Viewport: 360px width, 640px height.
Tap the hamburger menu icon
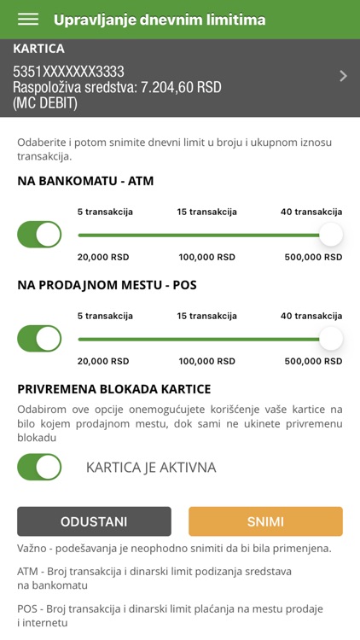click(x=28, y=20)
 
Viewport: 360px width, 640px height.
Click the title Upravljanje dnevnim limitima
click(x=160, y=20)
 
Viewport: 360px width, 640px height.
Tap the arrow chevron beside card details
click(x=343, y=76)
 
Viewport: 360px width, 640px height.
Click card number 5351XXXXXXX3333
click(x=68, y=72)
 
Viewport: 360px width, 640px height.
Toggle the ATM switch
click(x=39, y=235)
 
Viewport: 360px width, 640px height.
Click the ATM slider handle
click(x=330, y=235)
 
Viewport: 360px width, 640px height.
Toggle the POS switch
click(x=39, y=339)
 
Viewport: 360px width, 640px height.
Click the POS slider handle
click(x=330, y=339)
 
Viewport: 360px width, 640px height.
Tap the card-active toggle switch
click(x=39, y=467)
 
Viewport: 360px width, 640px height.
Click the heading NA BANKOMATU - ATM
click(x=85, y=181)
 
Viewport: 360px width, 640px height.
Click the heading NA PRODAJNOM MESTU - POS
click(x=107, y=285)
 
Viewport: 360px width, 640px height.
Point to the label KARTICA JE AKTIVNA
click(x=151, y=468)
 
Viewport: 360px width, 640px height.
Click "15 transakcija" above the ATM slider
click(x=207, y=212)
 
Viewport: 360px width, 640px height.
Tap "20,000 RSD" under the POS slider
click(x=102, y=361)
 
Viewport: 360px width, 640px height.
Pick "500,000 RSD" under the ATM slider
click(x=311, y=257)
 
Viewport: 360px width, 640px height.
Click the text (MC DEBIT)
click(x=45, y=102)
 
